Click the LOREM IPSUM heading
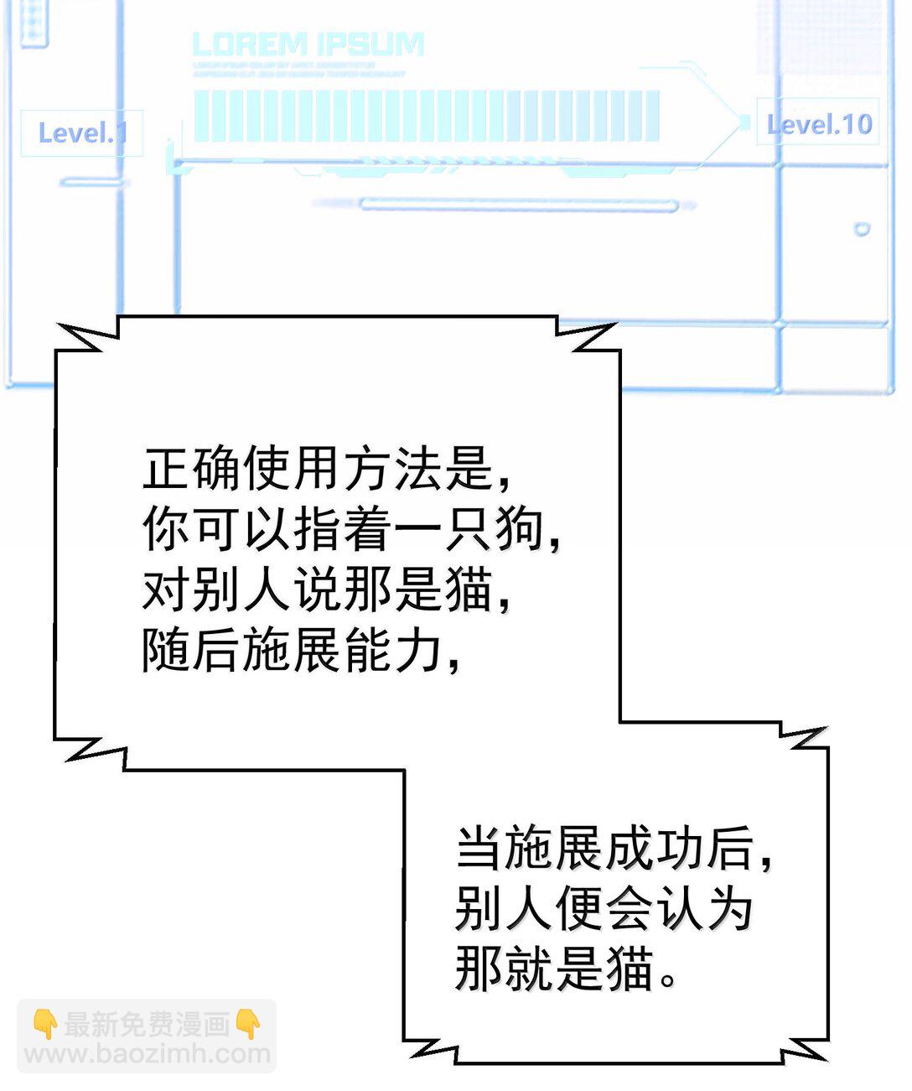(308, 44)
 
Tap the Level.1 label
(81, 132)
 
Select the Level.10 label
(819, 124)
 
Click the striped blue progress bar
(426, 116)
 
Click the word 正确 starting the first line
(192, 467)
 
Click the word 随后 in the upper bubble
(192, 651)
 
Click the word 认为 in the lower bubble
(703, 909)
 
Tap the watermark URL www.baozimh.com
(148, 1054)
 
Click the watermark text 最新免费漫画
(147, 1024)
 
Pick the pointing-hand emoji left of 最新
(44, 1024)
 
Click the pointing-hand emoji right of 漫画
(248, 1024)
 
